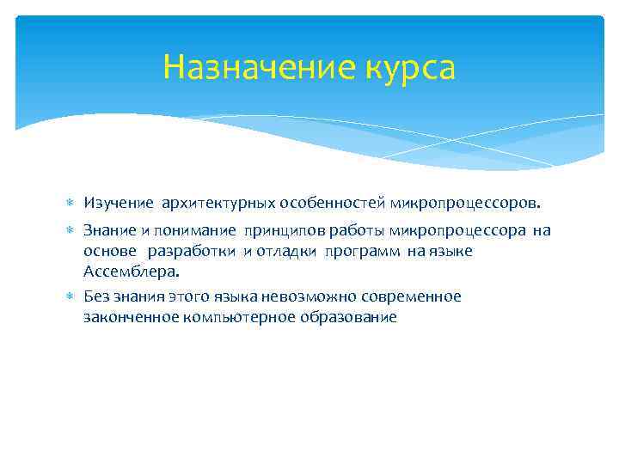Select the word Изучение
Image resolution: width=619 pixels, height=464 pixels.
click(x=119, y=204)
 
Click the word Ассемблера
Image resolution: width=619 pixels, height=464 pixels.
click(x=132, y=272)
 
